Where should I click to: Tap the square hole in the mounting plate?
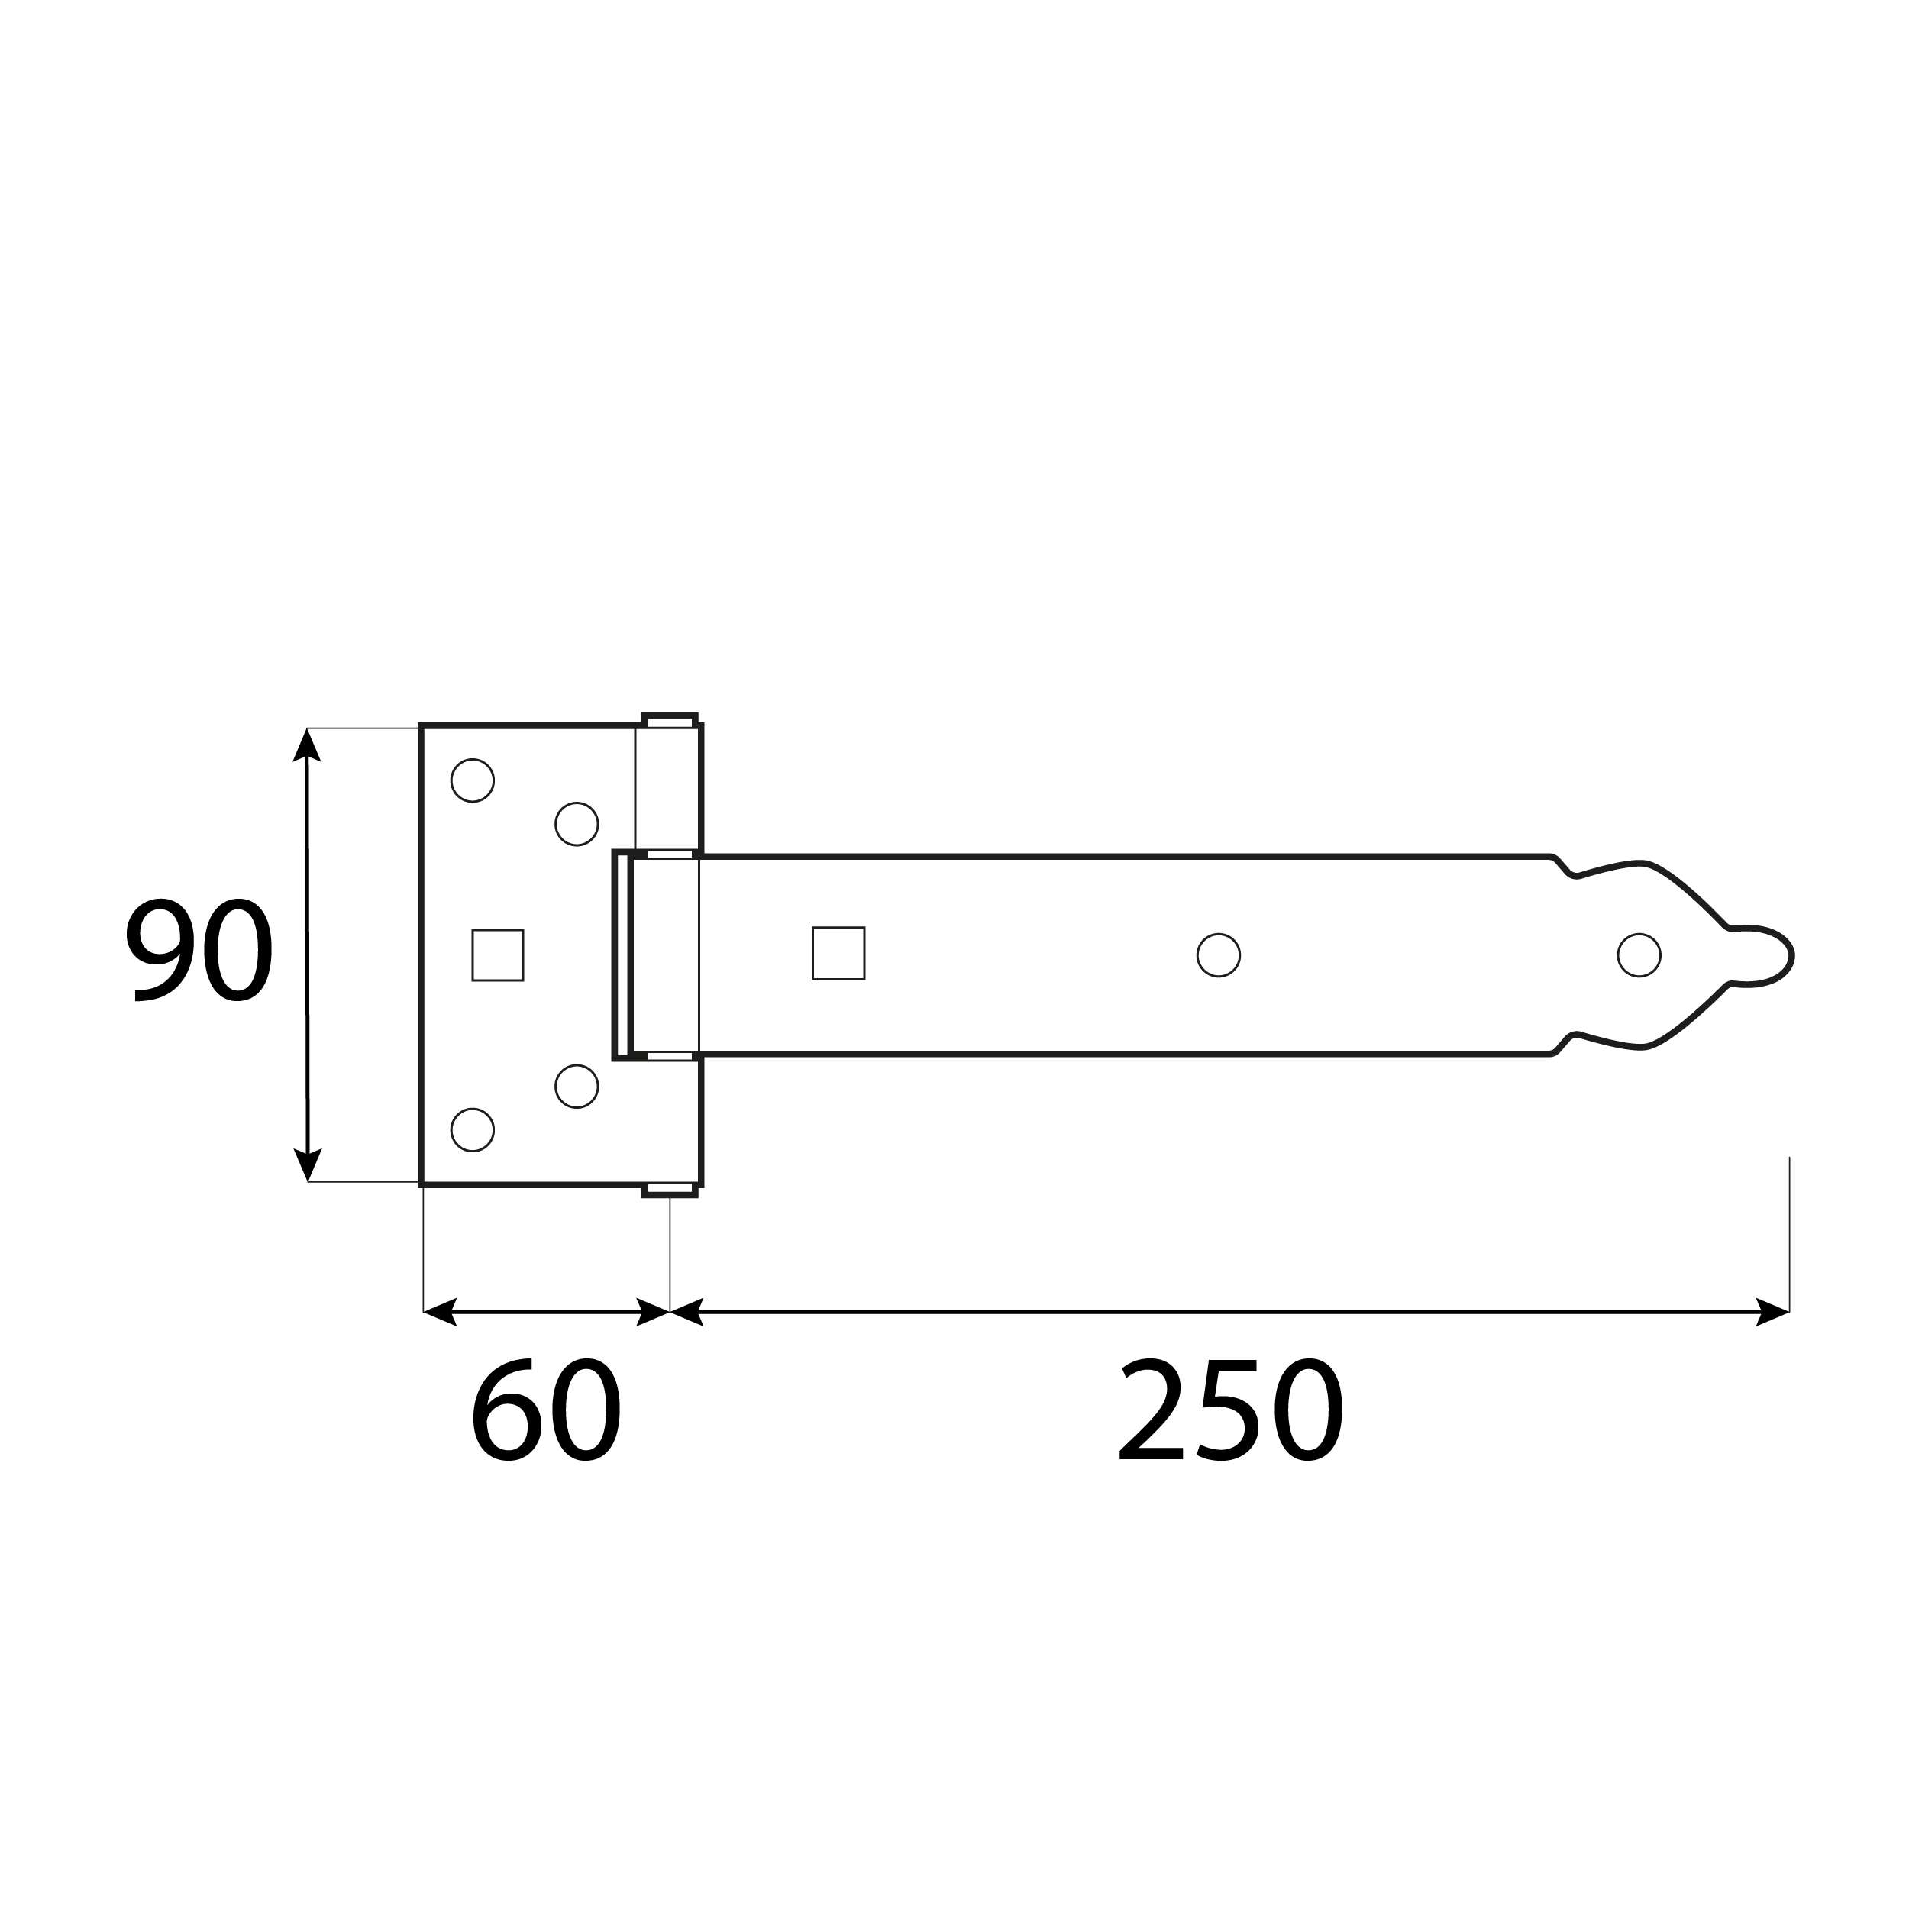(497, 954)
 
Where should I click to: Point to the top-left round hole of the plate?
(473, 780)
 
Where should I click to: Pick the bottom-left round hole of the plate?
(473, 1129)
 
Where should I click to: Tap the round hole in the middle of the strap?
(1218, 954)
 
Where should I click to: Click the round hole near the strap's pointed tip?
(1639, 954)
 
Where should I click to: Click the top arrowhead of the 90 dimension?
(306, 745)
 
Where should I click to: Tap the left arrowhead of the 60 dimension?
(440, 1311)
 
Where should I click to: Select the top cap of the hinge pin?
(670, 719)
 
